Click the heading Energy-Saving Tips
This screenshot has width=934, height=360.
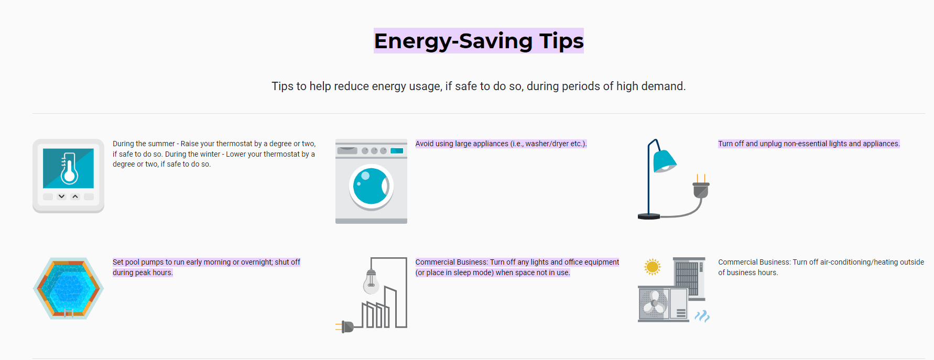pyautogui.click(x=479, y=41)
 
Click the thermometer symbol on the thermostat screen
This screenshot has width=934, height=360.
pyautogui.click(x=69, y=169)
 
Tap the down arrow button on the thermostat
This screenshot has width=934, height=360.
pyautogui.click(x=62, y=197)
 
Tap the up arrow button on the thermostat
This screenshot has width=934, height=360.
pyautogui.click(x=75, y=197)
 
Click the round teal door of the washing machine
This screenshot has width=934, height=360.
pyautogui.click(x=371, y=186)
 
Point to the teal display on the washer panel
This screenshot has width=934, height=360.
pyautogui.click(x=397, y=151)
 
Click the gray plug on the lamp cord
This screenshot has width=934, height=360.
pyautogui.click(x=701, y=189)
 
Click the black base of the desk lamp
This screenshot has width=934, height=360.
pyautogui.click(x=649, y=216)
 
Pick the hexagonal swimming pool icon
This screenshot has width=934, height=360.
pyautogui.click(x=68, y=288)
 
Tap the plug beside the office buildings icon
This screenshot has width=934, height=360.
pyautogui.click(x=346, y=327)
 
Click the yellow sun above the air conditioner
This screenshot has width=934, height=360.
pyautogui.click(x=653, y=267)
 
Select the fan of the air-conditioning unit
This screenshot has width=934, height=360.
pyautogui.click(x=654, y=303)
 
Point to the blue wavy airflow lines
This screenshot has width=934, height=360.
pyautogui.click(x=702, y=315)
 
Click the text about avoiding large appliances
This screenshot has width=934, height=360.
pyautogui.click(x=501, y=144)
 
